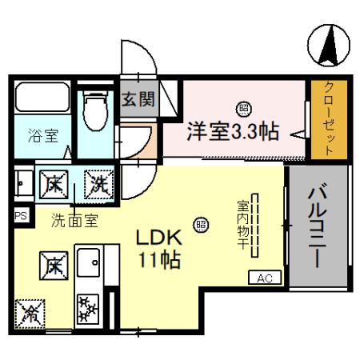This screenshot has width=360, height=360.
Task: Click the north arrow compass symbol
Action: tap(328, 46)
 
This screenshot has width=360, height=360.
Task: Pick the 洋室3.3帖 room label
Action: tap(233, 130)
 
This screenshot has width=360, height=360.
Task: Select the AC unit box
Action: tap(264, 278)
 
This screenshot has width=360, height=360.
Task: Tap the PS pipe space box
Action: tap(19, 215)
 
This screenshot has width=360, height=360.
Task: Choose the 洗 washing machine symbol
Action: tap(100, 183)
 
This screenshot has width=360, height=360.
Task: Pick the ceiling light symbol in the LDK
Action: tap(202, 225)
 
